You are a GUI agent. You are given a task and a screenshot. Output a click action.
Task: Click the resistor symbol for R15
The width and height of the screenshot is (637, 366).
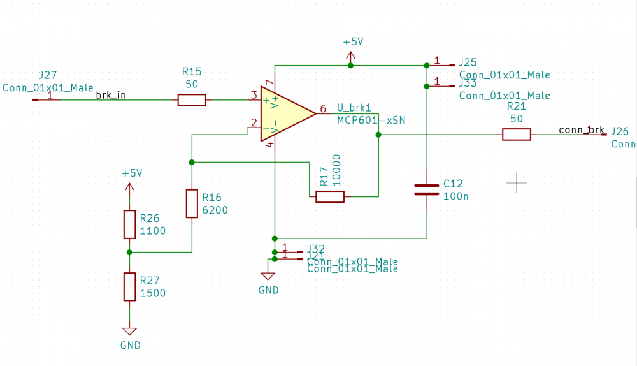point(192,99)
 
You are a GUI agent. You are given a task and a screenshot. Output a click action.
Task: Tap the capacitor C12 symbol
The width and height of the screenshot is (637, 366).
point(426,189)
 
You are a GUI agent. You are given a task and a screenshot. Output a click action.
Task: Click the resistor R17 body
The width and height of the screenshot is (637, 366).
point(330,196)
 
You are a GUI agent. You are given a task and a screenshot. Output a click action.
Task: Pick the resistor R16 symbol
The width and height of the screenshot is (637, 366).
point(192,203)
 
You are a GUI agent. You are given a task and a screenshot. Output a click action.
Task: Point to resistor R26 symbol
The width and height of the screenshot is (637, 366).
point(129,224)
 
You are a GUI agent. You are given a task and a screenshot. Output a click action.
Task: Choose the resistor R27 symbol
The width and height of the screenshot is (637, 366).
point(129,286)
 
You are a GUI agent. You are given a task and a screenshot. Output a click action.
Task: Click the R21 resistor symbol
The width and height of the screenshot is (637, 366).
point(516,135)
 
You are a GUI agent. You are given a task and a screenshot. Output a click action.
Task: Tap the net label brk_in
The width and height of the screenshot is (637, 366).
point(111,96)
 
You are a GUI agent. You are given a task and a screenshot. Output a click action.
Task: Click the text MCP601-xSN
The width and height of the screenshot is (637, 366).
point(371,120)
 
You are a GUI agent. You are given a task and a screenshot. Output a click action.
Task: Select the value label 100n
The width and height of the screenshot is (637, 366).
point(455,196)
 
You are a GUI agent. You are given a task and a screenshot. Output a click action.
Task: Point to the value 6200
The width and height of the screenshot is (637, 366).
point(215,210)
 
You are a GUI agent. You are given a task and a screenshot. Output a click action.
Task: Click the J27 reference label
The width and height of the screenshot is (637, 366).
point(48,75)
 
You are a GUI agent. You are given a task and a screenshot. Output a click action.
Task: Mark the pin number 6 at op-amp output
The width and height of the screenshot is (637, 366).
point(323,108)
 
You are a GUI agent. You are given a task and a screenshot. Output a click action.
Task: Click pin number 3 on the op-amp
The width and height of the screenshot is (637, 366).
point(254,96)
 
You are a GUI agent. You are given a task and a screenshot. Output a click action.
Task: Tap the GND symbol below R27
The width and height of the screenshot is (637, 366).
point(129,332)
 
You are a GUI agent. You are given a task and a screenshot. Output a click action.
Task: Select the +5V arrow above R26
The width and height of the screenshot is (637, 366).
point(129,186)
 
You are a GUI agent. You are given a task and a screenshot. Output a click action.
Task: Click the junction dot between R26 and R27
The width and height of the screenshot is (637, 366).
point(129,253)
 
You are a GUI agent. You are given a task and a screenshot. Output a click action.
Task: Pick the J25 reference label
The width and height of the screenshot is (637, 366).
point(468,62)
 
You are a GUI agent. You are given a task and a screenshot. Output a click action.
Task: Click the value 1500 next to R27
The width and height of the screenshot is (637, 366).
point(153,293)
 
